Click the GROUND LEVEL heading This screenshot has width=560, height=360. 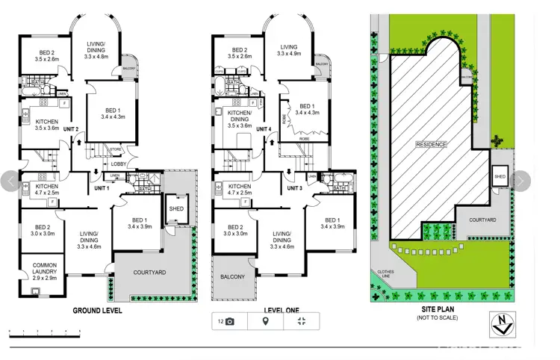[x=97, y=310]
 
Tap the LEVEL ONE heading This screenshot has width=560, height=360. [x=281, y=310]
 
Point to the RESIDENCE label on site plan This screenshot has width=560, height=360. [x=431, y=144]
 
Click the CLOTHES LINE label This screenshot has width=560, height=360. [x=385, y=273]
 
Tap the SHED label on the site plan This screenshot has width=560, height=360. [x=500, y=177]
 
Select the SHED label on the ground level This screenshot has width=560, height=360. [x=176, y=208]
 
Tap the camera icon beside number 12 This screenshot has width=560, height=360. [x=230, y=321]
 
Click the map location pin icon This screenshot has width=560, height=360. [x=265, y=321]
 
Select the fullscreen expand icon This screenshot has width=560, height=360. [x=301, y=321]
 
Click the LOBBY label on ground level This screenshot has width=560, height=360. [x=118, y=164]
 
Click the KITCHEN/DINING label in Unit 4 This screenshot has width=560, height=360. [x=240, y=120]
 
